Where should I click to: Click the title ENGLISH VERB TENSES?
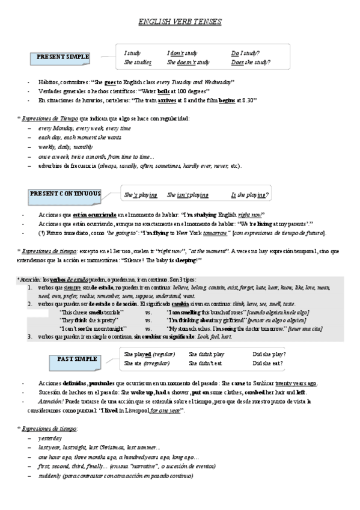180,22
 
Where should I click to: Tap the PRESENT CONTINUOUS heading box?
66,194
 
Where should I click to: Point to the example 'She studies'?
138,62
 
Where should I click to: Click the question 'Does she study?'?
251,62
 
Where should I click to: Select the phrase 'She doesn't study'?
188,62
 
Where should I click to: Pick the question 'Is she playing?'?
249,195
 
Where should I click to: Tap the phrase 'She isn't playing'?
188,195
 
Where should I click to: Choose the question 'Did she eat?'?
268,363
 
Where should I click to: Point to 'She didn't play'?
206,354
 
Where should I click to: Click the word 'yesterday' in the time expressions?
50,438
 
